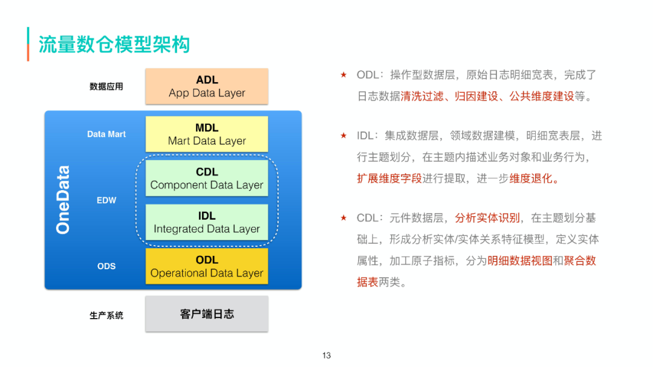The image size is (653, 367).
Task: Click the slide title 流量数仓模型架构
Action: (114, 45)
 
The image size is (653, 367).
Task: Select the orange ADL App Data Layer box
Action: (207, 86)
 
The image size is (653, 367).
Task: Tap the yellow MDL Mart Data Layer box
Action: (207, 134)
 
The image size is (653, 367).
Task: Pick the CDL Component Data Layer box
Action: (207, 178)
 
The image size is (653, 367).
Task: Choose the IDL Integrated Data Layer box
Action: (207, 222)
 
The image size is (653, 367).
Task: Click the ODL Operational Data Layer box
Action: (207, 266)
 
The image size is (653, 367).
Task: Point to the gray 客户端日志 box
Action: (207, 314)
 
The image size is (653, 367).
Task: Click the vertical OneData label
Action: (63, 199)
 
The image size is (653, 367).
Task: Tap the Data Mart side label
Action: (106, 134)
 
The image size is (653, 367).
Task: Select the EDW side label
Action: (106, 200)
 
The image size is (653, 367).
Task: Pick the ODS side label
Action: (106, 266)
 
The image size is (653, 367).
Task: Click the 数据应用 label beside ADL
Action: (106, 86)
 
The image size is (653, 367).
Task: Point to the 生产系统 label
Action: (106, 315)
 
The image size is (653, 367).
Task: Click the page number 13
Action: (326, 356)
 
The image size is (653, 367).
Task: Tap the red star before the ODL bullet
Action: (343, 75)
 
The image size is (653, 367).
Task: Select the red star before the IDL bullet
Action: (343, 136)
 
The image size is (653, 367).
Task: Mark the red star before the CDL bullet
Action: (343, 218)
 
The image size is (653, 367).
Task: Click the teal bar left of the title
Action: (28, 44)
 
